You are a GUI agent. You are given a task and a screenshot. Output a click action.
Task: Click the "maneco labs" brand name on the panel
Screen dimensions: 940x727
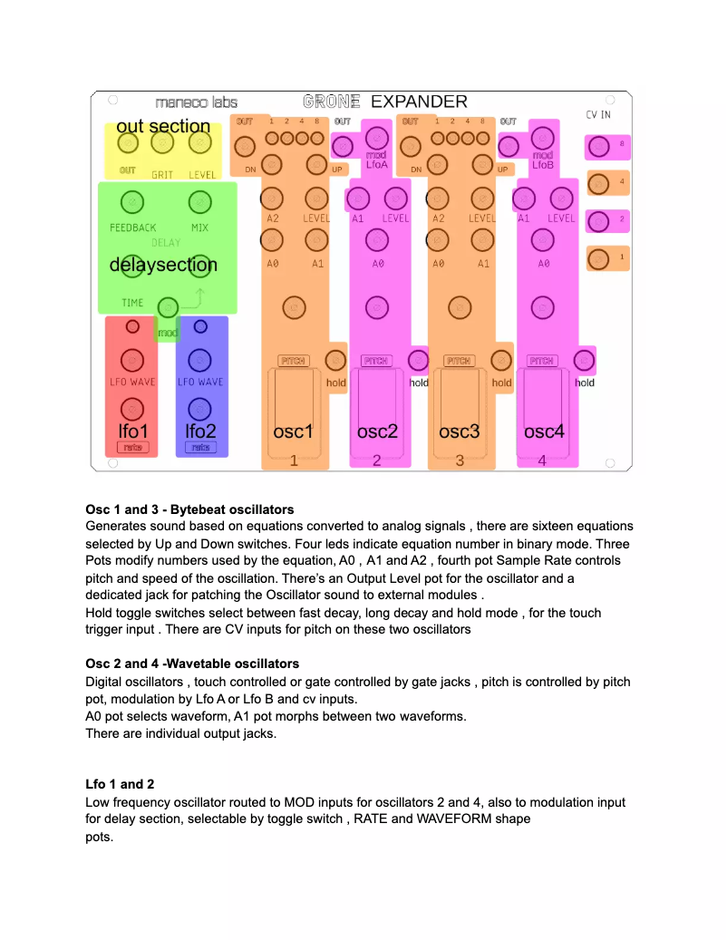tap(196, 103)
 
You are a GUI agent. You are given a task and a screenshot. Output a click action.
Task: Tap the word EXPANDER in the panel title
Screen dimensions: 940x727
tap(419, 102)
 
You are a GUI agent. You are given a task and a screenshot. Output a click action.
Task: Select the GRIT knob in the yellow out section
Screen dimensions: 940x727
tap(162, 143)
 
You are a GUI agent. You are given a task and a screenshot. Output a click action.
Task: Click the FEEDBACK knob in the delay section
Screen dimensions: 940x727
tap(132, 201)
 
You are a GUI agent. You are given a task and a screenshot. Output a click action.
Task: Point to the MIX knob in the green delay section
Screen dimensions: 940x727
tap(199, 201)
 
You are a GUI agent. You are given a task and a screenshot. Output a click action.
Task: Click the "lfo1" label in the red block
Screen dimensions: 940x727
tap(132, 431)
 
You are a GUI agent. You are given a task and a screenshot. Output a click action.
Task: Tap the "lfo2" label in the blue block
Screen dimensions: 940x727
tap(199, 431)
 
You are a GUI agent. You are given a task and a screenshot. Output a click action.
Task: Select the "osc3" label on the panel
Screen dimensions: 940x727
tap(460, 431)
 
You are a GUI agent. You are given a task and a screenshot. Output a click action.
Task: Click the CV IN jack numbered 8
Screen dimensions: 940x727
tap(598, 145)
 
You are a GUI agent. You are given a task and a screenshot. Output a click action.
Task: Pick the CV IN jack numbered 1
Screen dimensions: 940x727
tap(598, 258)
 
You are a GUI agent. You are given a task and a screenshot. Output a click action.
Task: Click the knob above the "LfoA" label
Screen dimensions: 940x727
tap(376, 138)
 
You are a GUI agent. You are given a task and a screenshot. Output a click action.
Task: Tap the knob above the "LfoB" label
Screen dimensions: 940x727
tap(542, 138)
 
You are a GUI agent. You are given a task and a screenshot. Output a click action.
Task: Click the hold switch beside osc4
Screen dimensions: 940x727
tap(585, 360)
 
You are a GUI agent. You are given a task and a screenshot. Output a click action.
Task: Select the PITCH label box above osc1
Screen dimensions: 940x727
tap(293, 361)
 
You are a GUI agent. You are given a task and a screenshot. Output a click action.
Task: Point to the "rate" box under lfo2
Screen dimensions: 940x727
tap(200, 448)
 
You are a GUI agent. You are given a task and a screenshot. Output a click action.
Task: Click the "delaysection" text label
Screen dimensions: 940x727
tap(163, 266)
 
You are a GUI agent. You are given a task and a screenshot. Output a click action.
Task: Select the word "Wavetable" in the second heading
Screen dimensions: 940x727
tap(189, 664)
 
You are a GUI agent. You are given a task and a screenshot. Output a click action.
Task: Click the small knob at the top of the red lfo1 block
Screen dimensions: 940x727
tap(132, 326)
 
